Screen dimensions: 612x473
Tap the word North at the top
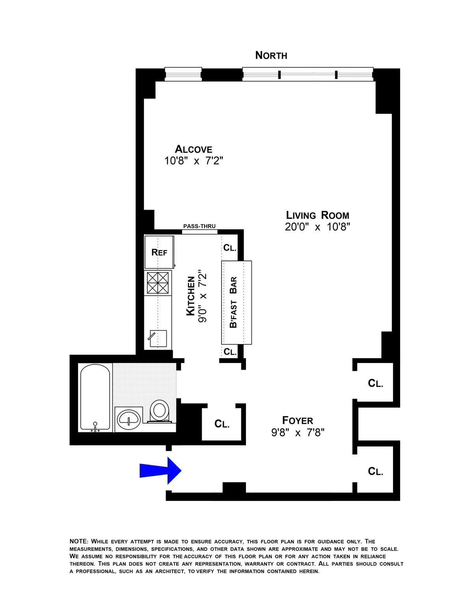(271, 56)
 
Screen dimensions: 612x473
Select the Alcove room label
(194, 149)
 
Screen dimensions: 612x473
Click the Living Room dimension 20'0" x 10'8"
(317, 227)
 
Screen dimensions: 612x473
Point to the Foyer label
(298, 420)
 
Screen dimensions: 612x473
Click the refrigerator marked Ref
(159, 252)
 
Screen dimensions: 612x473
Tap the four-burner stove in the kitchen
(158, 283)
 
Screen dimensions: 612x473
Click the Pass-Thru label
(199, 226)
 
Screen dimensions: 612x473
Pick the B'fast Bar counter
(236, 302)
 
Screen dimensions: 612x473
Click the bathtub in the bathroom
(95, 397)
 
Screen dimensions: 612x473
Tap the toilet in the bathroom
(160, 410)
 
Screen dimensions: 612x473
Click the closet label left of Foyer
(222, 424)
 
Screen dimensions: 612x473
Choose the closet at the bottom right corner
(375, 471)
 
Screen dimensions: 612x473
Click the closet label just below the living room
(375, 383)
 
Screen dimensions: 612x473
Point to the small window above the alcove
(183, 74)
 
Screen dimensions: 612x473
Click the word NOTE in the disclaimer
(78, 541)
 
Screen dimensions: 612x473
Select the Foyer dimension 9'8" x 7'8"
(298, 433)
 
